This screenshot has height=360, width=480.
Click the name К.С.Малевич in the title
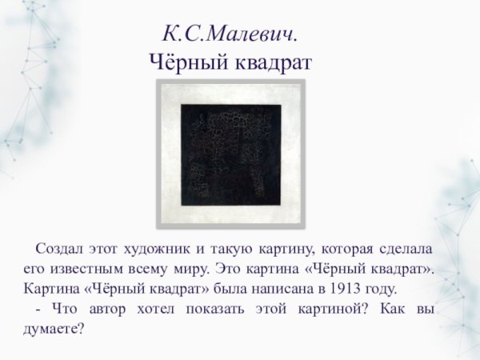point(229,34)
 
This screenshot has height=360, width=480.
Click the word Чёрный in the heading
point(187,62)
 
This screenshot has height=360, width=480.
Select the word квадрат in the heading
point(270,62)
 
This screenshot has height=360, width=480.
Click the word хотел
point(161,308)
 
